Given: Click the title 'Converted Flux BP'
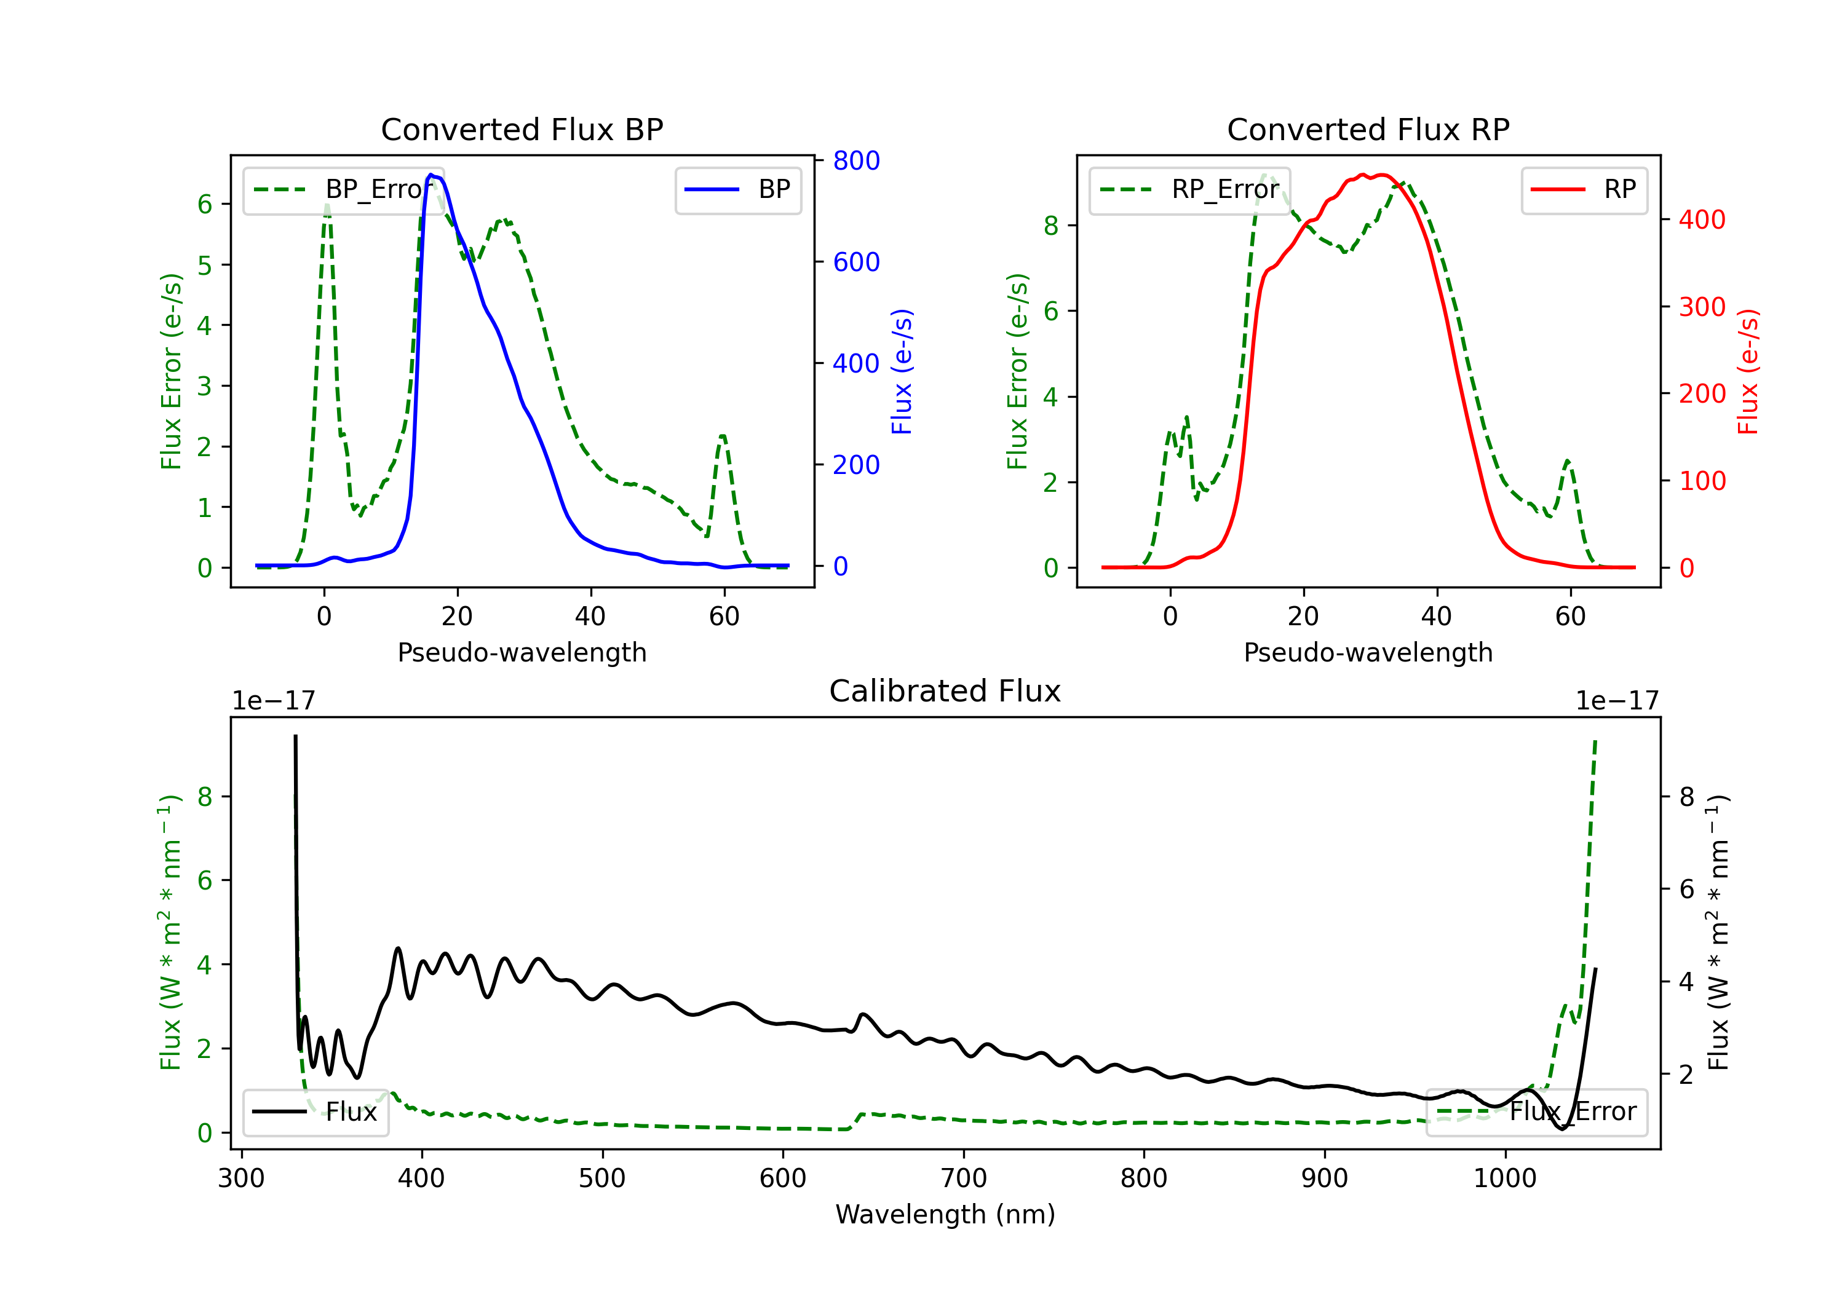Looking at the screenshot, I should pos(522,129).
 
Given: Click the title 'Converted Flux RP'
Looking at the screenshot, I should pos(1368,129).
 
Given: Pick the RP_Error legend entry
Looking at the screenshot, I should pos(1189,189).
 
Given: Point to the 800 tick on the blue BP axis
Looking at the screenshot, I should pos(856,160).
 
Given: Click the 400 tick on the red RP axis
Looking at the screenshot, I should pos(1702,219).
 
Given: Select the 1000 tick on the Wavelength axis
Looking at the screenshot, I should pos(1504,1178).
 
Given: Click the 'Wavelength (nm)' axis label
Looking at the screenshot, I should pos(945,1214).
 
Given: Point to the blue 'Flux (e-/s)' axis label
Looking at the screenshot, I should pos(902,371).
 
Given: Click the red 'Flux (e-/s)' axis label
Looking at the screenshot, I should pos(1748,371).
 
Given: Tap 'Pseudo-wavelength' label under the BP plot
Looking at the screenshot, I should pos(522,652).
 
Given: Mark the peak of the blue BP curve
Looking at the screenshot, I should pos(432,175).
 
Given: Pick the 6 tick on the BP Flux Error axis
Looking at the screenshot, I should pos(205,204).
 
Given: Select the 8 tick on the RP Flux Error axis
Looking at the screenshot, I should pos(1051,226).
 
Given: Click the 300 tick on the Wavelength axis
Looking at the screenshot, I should pos(241,1178).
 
